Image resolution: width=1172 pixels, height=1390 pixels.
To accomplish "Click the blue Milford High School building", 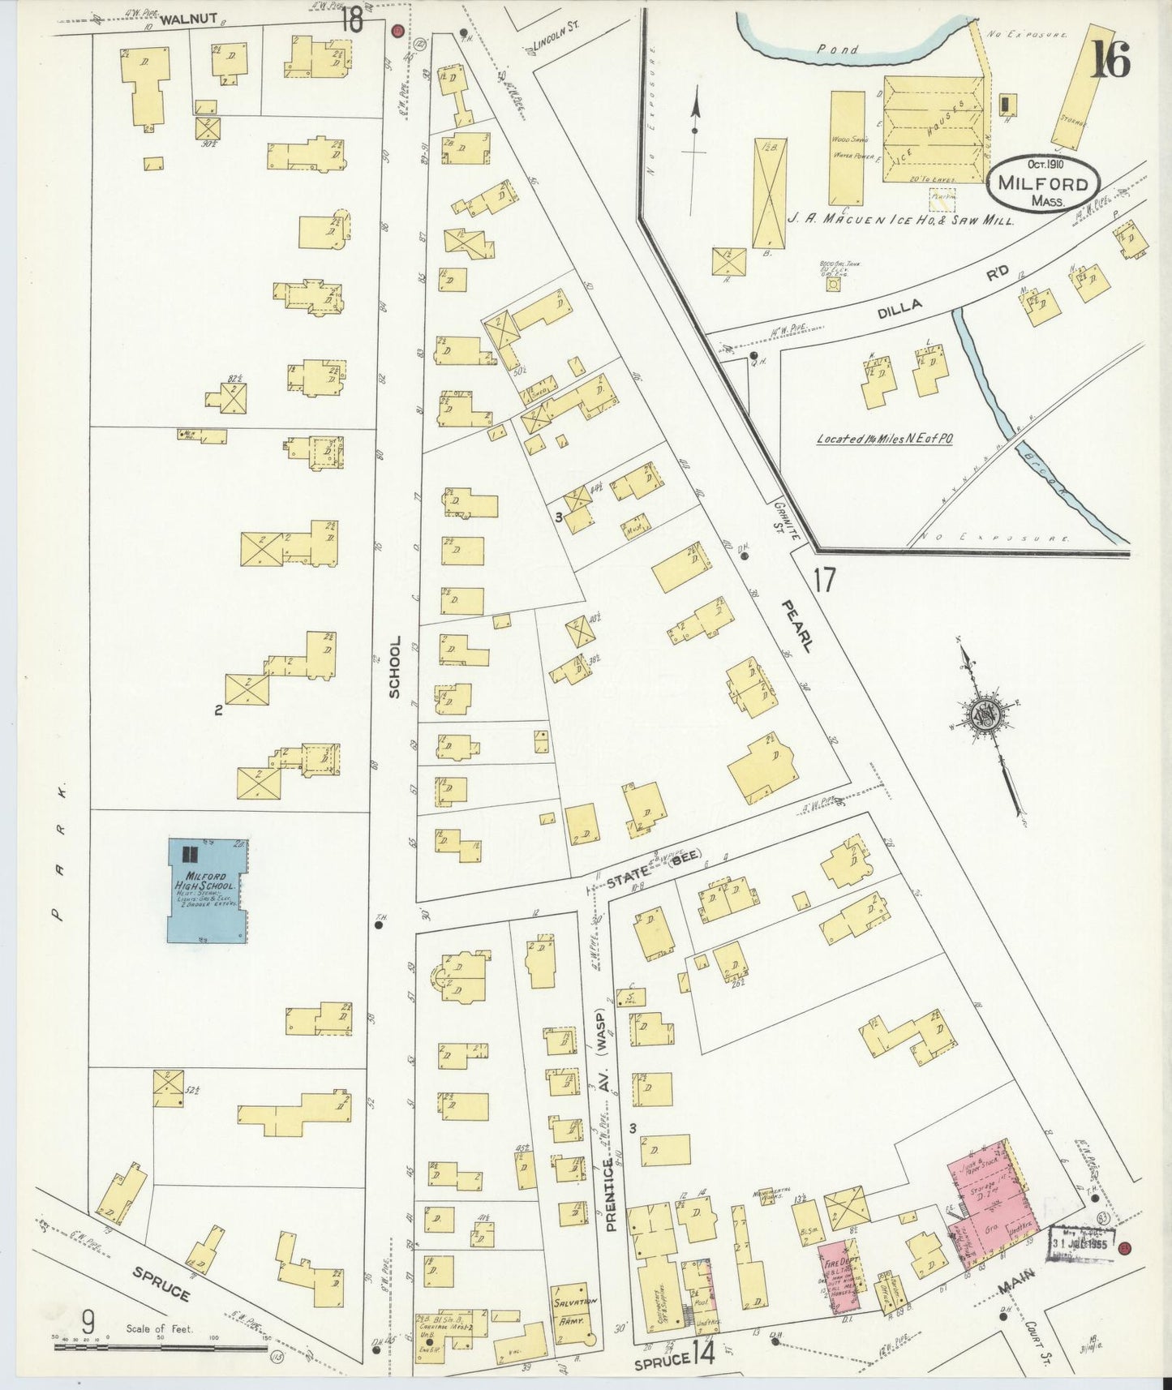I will point(207,890).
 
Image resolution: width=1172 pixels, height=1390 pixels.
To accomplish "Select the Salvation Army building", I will point(574,1306).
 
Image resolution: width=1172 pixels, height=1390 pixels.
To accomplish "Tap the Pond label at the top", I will point(837,49).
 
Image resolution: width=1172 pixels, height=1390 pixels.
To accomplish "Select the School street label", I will point(395,667).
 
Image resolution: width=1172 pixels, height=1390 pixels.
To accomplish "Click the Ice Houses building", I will point(933,130).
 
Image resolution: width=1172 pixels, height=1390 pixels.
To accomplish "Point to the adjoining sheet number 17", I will point(825,581).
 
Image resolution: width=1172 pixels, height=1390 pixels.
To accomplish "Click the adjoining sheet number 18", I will point(351,19).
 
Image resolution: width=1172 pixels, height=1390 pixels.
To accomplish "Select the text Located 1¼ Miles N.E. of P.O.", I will point(884,439).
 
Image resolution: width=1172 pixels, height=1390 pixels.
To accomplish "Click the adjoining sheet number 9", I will point(88,1321).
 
